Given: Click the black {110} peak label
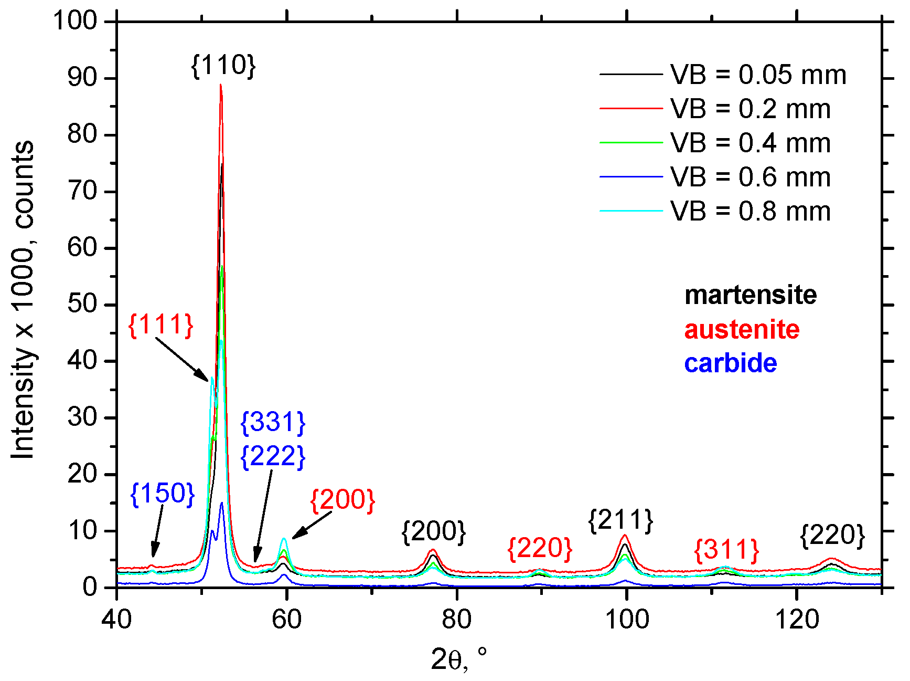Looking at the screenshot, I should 223,66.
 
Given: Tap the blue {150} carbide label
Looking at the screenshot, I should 162,494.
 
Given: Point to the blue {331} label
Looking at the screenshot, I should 273,422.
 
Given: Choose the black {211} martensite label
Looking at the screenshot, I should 620,520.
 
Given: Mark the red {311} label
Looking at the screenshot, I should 726,550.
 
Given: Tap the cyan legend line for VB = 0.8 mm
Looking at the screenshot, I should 631,211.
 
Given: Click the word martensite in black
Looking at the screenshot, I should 751,295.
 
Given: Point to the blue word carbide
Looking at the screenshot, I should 730,363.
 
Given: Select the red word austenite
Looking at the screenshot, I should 742,330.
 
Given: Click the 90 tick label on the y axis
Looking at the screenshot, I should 82,78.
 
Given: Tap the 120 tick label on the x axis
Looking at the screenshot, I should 797,620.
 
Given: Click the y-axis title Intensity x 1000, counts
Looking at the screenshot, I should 23,299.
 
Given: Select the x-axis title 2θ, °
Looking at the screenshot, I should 458,659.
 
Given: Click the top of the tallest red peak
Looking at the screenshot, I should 221,85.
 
